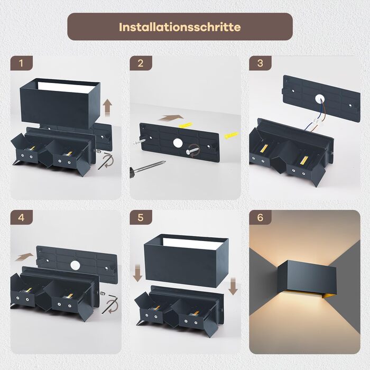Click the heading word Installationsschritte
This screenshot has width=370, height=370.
click(x=180, y=27)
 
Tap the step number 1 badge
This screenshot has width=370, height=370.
click(x=21, y=63)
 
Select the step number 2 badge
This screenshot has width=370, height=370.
click(x=141, y=63)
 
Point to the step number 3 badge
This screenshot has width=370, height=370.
click(x=260, y=63)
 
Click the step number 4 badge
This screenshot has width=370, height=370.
click(x=21, y=217)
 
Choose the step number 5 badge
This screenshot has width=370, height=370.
click(x=141, y=217)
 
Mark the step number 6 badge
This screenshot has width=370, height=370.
click(x=260, y=217)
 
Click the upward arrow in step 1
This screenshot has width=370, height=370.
click(x=108, y=107)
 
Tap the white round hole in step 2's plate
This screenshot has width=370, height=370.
click(x=178, y=143)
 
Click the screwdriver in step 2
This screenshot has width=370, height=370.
click(x=147, y=168)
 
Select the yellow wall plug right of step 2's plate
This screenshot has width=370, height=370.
click(x=232, y=135)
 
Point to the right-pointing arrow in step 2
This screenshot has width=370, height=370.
click(x=171, y=118)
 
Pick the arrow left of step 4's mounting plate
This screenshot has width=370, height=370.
click(x=24, y=257)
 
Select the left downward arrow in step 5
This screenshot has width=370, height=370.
click(x=137, y=273)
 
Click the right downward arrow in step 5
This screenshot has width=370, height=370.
click(x=233, y=286)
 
